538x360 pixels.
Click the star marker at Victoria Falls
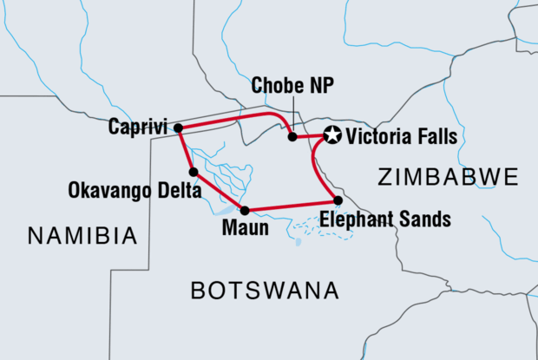click(331, 134)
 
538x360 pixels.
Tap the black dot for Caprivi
click(178, 128)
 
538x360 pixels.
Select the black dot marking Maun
click(245, 210)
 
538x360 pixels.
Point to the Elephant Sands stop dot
click(338, 200)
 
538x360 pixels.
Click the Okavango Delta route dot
click(194, 172)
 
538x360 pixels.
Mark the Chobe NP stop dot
click(292, 136)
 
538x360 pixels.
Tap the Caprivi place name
click(138, 128)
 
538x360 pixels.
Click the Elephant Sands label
click(384, 219)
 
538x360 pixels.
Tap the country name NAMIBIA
click(82, 235)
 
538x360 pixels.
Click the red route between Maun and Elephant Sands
click(291, 206)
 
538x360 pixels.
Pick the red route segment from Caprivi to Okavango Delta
click(185, 149)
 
